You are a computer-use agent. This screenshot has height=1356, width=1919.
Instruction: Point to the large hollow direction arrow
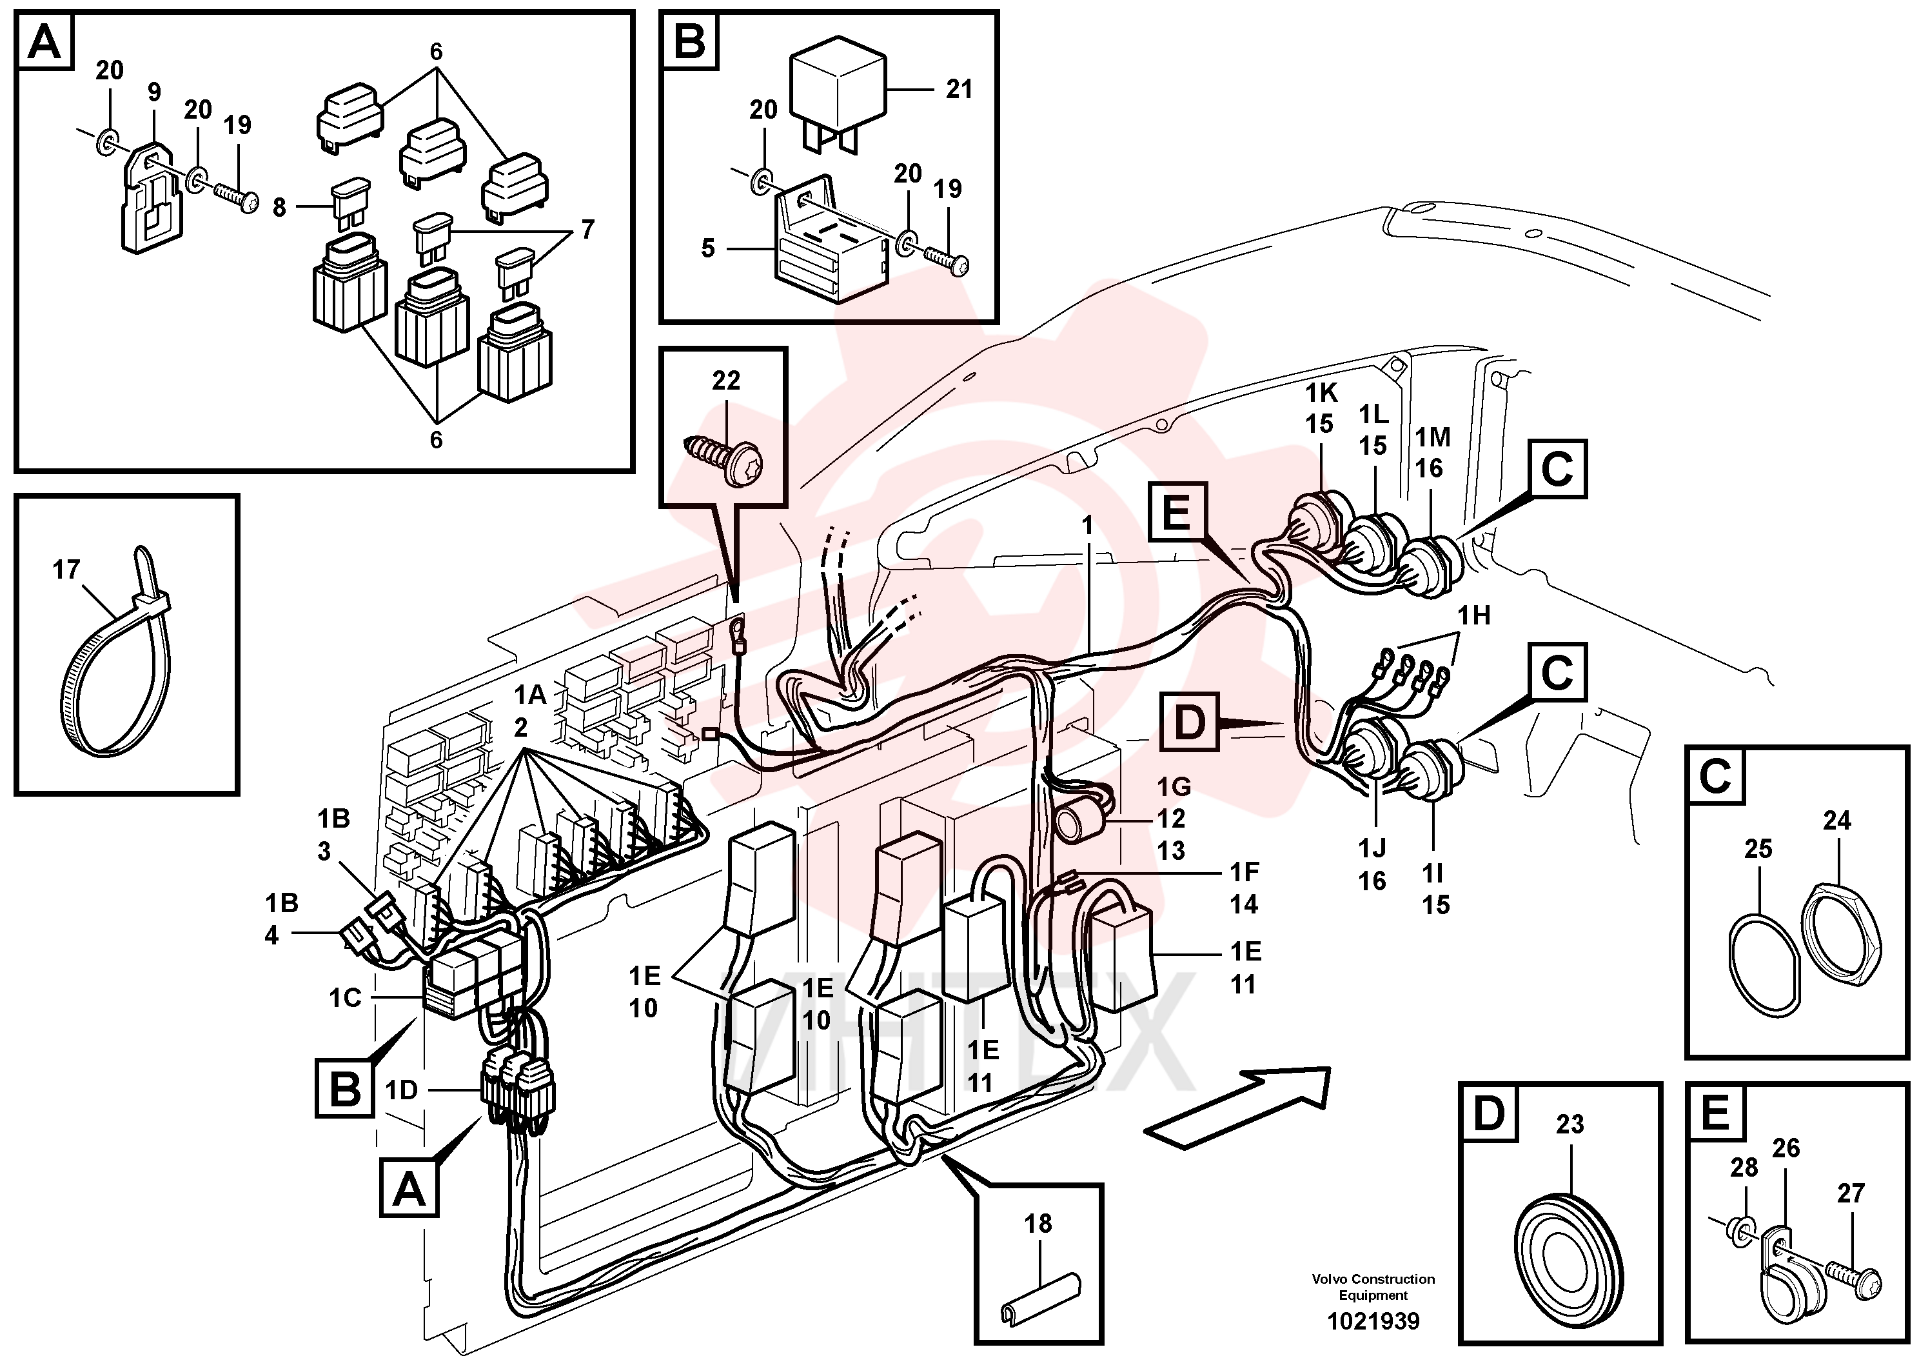tap(1237, 1102)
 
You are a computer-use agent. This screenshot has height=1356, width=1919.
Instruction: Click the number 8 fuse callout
tap(279, 206)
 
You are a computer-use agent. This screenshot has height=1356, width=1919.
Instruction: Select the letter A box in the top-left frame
tap(45, 42)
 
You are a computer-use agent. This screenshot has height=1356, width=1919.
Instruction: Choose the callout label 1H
tap(1474, 615)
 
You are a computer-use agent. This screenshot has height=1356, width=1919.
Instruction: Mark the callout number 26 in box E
tap(1786, 1147)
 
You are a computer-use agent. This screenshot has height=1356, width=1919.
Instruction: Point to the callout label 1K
tap(1321, 392)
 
